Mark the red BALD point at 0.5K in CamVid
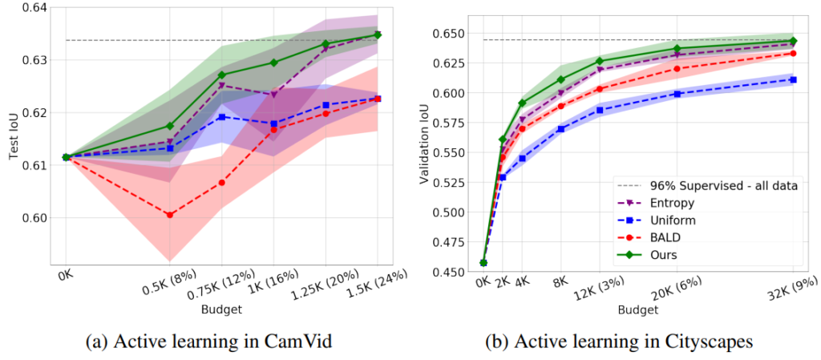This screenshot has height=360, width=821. tap(170, 215)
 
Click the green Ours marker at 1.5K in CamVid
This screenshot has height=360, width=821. tap(378, 34)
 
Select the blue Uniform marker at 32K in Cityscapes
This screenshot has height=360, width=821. tap(793, 79)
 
